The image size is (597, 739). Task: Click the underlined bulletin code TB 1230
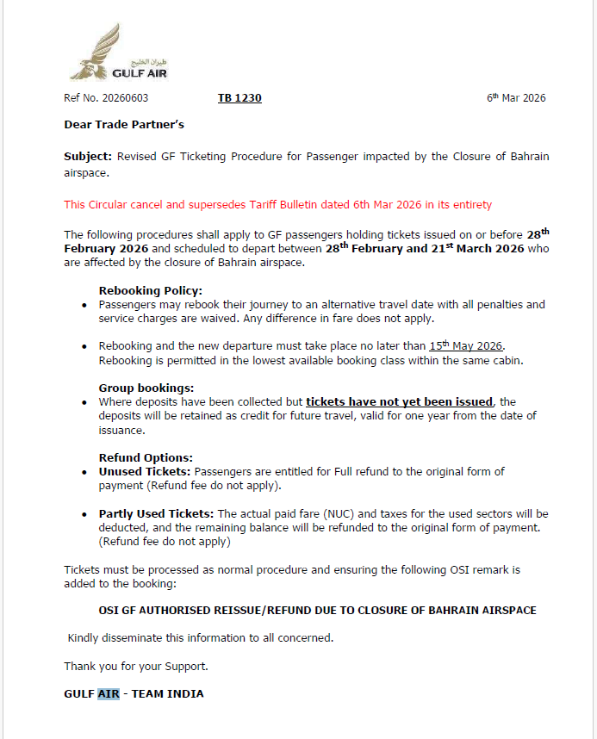239,98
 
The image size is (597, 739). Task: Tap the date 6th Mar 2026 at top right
516,98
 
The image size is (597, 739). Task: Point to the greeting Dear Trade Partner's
124,125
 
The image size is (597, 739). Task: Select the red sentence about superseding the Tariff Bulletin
277,205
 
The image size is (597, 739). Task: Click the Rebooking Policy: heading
151,291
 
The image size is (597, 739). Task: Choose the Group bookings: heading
146,388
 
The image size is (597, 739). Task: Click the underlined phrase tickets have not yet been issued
400,401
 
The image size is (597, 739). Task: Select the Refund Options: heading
146,457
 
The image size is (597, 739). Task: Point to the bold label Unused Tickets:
145,471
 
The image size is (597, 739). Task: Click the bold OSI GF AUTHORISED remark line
317,610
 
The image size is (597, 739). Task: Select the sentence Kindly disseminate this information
201,638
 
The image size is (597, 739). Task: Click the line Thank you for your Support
136,666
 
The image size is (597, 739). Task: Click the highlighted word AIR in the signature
108,693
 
